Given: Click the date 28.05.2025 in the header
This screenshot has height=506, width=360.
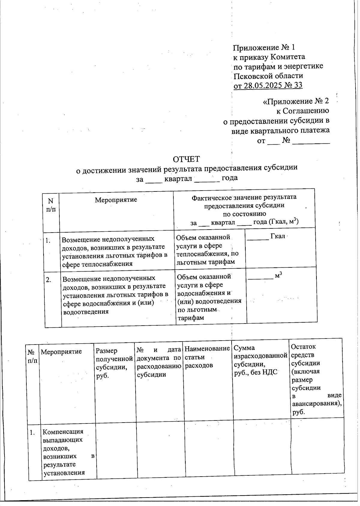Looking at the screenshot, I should (261, 85).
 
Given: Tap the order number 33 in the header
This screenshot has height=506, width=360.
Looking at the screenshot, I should (298, 85).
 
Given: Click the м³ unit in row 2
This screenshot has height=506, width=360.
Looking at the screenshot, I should (278, 275).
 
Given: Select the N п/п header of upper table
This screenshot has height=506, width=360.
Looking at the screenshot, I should (51, 205).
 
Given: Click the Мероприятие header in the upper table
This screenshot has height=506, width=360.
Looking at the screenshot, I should (116, 200).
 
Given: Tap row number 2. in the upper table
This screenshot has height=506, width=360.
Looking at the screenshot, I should (48, 280).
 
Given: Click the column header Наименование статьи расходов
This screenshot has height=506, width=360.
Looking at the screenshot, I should (207, 357).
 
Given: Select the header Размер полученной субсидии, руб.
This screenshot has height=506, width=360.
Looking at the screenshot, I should (114, 363).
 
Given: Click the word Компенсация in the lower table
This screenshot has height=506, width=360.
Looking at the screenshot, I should (63, 432).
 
